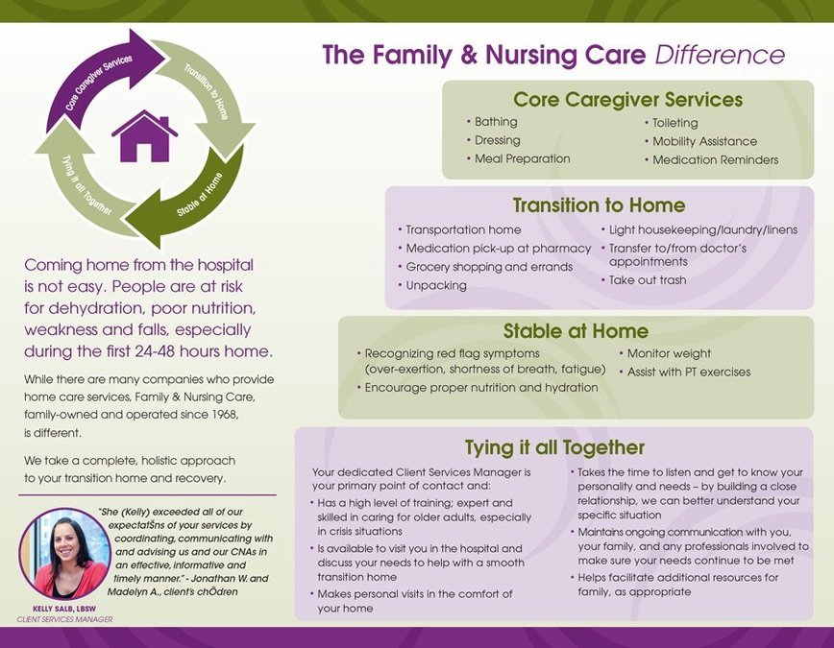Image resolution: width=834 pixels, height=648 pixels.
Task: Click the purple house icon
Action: pyautogui.click(x=144, y=136)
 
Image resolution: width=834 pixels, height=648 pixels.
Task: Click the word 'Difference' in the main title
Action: pyautogui.click(x=720, y=55)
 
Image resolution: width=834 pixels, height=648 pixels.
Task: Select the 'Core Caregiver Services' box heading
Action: pyautogui.click(x=627, y=99)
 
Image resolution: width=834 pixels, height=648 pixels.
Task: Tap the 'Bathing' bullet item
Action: pyautogui.click(x=496, y=122)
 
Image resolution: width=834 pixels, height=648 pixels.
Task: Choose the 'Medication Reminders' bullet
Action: pyautogui.click(x=715, y=159)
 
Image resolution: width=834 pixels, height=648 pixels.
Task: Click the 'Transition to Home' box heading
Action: pyautogui.click(x=599, y=205)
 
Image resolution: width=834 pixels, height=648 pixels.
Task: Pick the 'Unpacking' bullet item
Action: pyautogui.click(x=435, y=285)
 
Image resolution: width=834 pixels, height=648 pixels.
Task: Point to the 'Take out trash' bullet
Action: pyautogui.click(x=648, y=280)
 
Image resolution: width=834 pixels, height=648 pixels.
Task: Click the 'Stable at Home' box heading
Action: pyautogui.click(x=576, y=332)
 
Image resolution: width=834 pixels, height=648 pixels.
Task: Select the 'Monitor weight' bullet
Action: pyautogui.click(x=669, y=353)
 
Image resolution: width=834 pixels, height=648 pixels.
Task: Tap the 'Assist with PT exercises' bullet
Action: pyautogui.click(x=688, y=372)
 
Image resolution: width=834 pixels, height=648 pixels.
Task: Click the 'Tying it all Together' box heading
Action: pyautogui.click(x=554, y=448)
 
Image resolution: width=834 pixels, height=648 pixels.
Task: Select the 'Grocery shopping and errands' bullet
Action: pyautogui.click(x=489, y=267)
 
